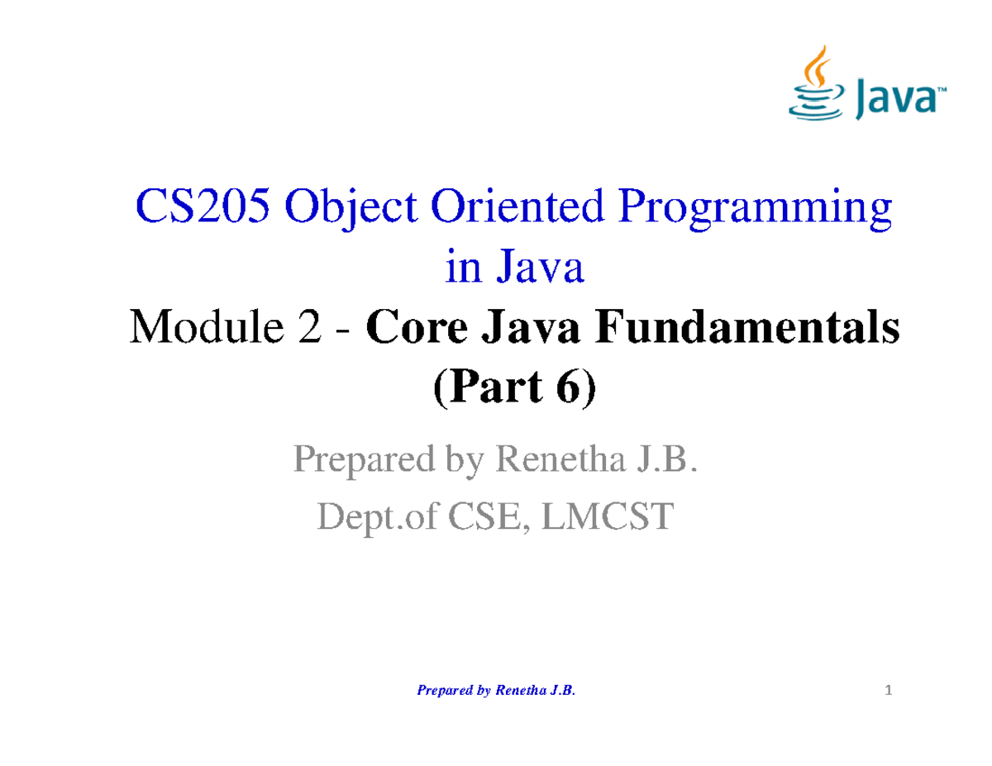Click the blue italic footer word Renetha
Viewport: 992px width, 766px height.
[x=517, y=690]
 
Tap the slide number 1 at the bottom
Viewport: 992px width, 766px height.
[x=889, y=691]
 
